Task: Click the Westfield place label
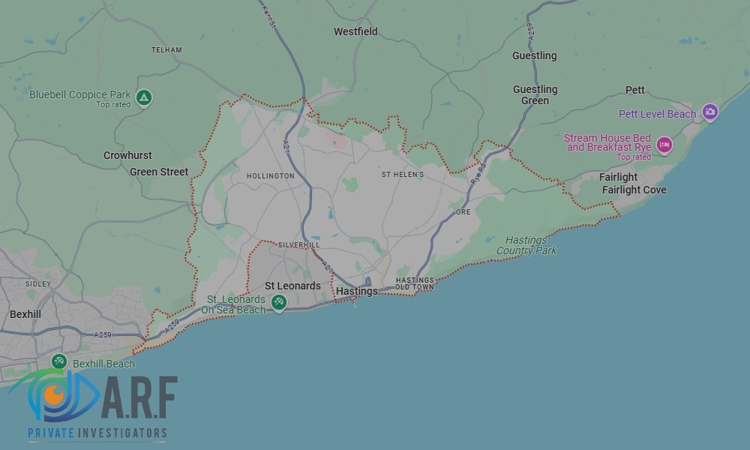point(355,31)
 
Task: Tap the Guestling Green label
point(535,95)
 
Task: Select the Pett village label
point(635,90)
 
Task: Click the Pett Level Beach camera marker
point(709,113)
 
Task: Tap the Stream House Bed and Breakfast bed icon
point(664,144)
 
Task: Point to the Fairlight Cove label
point(634,190)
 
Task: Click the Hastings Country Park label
point(526,245)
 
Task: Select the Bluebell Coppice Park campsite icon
point(144,97)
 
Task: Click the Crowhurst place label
point(127,155)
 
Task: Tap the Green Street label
point(159,172)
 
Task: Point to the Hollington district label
point(270,176)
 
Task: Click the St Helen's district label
point(403,175)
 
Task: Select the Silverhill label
point(298,245)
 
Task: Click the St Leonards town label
point(292,286)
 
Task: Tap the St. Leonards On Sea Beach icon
point(279,302)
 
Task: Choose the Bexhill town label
point(25,314)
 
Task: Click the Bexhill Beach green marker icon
point(59,362)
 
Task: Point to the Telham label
point(166,50)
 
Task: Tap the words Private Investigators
point(97,433)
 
